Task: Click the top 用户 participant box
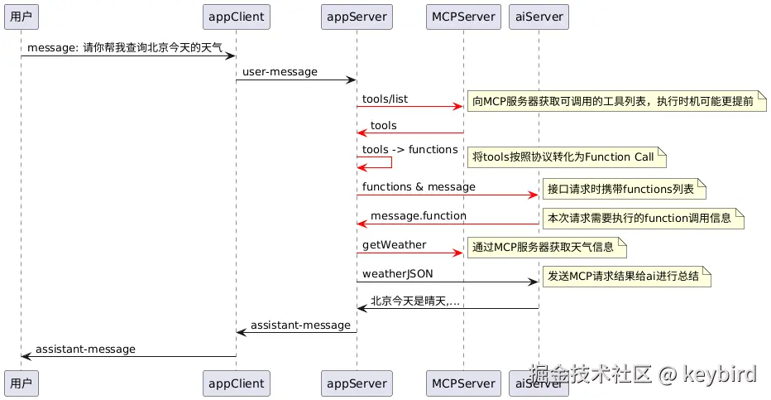click(21, 16)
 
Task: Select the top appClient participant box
click(236, 16)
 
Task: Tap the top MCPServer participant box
click(463, 16)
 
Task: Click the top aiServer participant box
click(539, 16)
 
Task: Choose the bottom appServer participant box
click(357, 383)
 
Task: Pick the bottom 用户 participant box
click(21, 383)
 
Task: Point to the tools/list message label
click(385, 99)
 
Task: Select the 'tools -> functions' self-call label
click(409, 150)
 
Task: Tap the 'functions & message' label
click(419, 187)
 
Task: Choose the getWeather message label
click(394, 245)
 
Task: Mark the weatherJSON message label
click(397, 274)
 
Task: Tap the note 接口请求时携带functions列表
click(623, 189)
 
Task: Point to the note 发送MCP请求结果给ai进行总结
click(626, 277)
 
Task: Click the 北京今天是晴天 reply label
click(414, 301)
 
